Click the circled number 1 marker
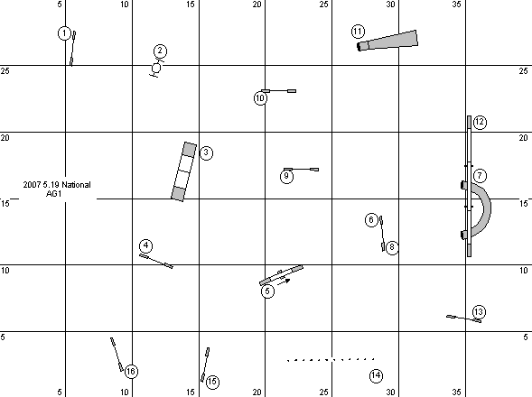[64, 33]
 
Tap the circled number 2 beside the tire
[160, 51]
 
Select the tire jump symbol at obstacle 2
[156, 69]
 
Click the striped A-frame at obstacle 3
[184, 171]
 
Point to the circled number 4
[146, 245]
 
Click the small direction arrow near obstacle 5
[284, 282]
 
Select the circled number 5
[267, 291]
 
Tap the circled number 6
[371, 219]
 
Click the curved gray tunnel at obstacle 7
[486, 208]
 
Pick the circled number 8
[392, 247]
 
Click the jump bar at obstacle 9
[302, 169]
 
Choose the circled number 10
[260, 98]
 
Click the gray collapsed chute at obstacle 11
[387, 41]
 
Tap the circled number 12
[480, 122]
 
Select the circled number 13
[479, 312]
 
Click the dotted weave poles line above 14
[331, 359]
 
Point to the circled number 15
[212, 382]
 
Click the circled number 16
[131, 371]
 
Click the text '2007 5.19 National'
[57, 185]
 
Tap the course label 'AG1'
[53, 194]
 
